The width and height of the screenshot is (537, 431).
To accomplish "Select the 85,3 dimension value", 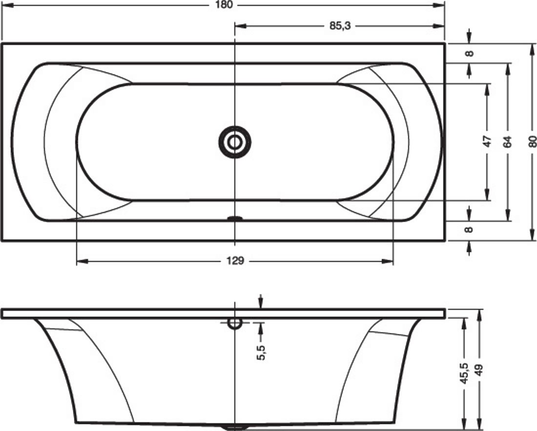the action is coord(340,26).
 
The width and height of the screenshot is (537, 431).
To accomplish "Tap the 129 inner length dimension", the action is coord(235,261).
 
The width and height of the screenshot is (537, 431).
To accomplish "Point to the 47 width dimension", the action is coord(487,141).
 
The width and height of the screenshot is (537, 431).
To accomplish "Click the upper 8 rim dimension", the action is coord(470,53).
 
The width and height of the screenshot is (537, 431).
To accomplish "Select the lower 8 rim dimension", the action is coord(470,229).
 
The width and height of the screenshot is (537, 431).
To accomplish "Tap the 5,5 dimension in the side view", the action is coord(261,352).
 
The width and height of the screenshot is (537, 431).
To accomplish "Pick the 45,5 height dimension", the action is coord(464,373).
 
